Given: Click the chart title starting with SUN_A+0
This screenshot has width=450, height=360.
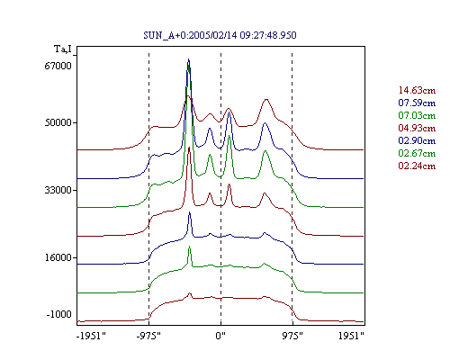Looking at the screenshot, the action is pos(220,35).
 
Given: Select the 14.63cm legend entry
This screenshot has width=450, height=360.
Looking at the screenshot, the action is pos(417,90).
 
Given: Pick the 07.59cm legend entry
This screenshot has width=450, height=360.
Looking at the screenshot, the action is pos(417,103).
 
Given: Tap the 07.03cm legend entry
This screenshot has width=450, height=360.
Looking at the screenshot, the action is pos(417,115).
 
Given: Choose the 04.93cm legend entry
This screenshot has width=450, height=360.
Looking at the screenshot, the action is pos(417,128).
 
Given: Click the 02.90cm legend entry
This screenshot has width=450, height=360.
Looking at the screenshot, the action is pos(417,140).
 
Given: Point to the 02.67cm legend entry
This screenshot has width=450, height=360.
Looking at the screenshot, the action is pos(417,153).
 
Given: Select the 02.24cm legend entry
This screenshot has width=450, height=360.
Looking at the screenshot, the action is pos(417,166).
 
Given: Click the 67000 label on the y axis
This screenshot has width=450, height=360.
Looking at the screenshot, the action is pos(58,66).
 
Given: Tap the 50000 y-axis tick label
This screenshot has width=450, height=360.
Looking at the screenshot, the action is pos(58,122).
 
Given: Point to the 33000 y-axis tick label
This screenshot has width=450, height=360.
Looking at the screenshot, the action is pos(58,190).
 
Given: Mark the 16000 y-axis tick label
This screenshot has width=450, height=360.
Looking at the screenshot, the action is pos(58,257).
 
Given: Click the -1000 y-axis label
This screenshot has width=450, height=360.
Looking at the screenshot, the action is pos(59,314).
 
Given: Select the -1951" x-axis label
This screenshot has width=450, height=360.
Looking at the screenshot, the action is pos(91,336).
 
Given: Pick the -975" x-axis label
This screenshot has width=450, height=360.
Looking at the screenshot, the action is pos(148,336).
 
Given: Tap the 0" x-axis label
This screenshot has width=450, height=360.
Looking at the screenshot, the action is pos(220,336).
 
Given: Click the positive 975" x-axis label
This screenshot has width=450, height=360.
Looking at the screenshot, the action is pos(292,336).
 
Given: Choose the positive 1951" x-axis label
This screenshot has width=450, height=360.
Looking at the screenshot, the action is pos(351,336).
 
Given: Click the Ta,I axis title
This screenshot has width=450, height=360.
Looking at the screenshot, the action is pos(63,49).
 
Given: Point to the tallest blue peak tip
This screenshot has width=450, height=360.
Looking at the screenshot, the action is pos(188,59).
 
